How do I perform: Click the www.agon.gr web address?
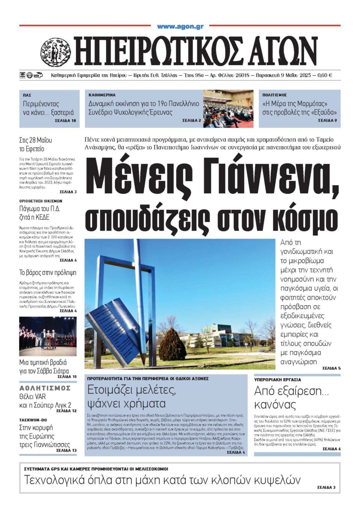click(x=180, y=26)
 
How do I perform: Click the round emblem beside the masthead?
click(x=55, y=52)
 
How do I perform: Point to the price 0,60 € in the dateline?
click(x=325, y=75)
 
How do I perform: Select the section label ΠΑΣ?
click(x=27, y=95)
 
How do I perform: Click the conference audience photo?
click(x=228, y=108)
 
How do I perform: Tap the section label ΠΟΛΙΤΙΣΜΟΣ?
click(x=274, y=95)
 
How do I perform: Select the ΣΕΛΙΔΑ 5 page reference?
click(x=331, y=368)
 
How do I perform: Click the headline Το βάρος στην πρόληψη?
click(x=48, y=273)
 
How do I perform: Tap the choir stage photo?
click(x=48, y=336)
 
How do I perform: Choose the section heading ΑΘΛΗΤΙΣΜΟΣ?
click(x=45, y=388)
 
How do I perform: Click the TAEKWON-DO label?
click(x=33, y=420)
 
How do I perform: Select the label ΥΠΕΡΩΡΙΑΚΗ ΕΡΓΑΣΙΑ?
click(x=277, y=380)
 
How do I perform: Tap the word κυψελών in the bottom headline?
click(x=277, y=480)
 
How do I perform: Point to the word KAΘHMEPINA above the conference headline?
click(x=102, y=95)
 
